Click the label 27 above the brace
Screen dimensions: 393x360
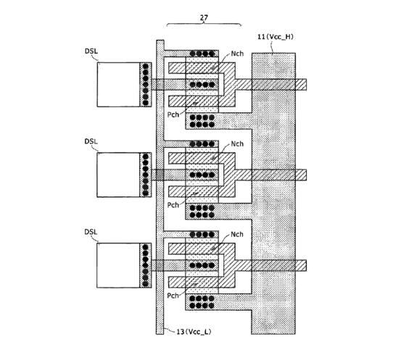pos(204,17)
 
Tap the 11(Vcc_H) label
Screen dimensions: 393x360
pos(276,37)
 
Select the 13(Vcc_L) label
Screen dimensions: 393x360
pos(194,332)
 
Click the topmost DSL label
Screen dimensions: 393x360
pos(91,51)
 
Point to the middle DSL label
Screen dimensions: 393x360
pos(91,141)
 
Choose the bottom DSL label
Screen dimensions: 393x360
pos(91,232)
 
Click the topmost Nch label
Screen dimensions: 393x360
pos(237,54)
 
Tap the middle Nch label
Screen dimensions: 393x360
pos(237,144)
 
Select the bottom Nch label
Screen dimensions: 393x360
pos(237,234)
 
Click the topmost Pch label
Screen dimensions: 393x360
pos(173,114)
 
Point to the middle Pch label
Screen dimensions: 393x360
pos(173,205)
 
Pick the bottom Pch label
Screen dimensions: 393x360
pos(173,296)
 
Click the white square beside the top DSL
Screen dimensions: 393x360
pos(118,85)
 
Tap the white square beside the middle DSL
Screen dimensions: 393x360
pos(118,175)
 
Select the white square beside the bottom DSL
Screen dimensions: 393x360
pos(118,265)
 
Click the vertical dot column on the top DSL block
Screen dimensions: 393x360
pos(145,85)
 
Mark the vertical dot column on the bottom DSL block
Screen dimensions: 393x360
pos(145,265)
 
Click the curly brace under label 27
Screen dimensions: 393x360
pos(204,24)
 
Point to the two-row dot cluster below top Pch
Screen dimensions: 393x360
pos(202,121)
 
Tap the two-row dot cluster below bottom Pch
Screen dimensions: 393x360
pos(202,302)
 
